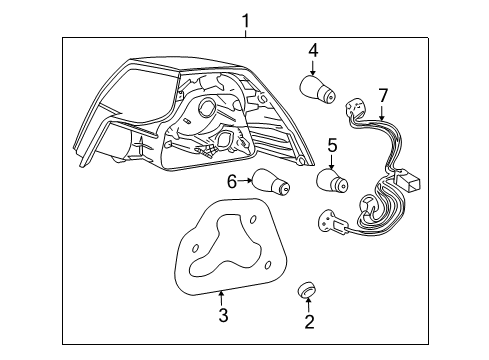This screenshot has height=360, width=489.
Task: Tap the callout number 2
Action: [309, 321]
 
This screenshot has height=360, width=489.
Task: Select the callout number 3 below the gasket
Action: [223, 316]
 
